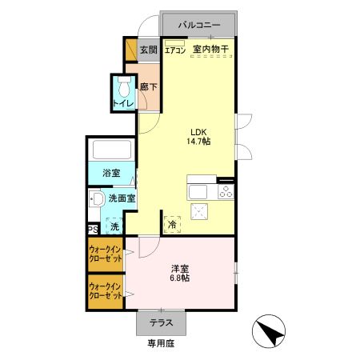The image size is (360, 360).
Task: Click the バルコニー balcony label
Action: coord(198,25)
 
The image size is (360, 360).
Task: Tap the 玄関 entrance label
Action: coord(148,50)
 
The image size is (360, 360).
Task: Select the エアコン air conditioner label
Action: coord(175,50)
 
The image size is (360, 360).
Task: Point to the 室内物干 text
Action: coord(210,50)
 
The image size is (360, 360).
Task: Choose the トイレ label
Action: coord(123,104)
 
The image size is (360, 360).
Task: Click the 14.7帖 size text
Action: coord(200,141)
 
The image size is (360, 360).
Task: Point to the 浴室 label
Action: coord(111,173)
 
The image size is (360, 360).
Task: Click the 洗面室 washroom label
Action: coord(122,198)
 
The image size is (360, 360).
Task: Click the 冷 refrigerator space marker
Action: coord(173,226)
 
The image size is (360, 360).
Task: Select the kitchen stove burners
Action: coord(226,191)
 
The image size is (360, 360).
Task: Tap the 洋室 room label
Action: coord(179,268)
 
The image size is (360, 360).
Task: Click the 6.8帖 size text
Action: coord(179,279)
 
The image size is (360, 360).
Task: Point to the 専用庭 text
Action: coord(160,345)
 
